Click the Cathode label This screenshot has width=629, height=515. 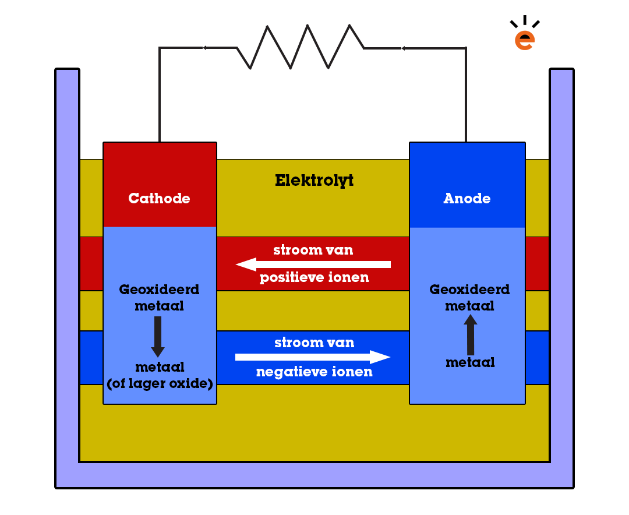tap(159, 199)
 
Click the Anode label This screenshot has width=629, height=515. tap(467, 199)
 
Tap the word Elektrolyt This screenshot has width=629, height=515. tap(314, 181)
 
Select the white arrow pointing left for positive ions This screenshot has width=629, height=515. tap(313, 264)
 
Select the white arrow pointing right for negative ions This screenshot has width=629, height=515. tap(313, 357)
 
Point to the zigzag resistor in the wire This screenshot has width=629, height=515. tap(301, 47)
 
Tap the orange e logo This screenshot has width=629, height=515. tap(525, 38)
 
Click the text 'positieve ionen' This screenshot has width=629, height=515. tap(314, 278)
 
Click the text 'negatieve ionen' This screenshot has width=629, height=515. tap(314, 372)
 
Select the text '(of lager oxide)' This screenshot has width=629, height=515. tap(160, 384)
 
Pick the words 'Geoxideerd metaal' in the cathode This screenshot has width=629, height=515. tap(159, 297)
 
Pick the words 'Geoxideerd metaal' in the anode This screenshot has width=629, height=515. tap(469, 297)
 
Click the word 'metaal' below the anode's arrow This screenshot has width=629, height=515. tap(470, 362)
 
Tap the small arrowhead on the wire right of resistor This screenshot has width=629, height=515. tap(402, 48)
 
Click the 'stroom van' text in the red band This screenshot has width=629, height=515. tap(313, 251)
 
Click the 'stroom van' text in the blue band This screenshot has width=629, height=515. tap(314, 343)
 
